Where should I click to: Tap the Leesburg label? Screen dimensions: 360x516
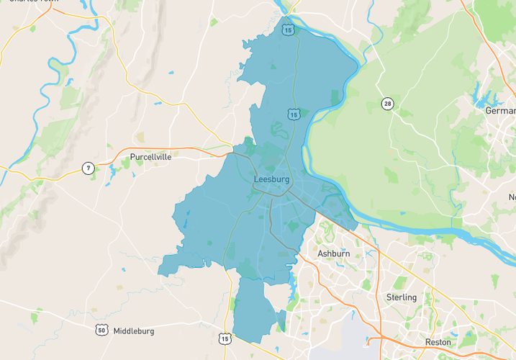(271, 179)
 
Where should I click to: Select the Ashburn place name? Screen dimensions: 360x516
(334, 253)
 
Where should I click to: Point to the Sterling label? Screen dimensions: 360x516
(401, 297)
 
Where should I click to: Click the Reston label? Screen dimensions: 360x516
(438, 342)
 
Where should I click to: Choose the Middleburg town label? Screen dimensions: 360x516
(134, 330)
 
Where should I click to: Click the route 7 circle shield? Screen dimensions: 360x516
(88, 168)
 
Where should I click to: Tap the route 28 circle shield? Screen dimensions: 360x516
(387, 104)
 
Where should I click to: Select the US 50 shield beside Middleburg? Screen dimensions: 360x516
(100, 330)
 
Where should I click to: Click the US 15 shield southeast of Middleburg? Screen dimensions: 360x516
(225, 338)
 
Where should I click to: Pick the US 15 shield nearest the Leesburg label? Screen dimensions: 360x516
(293, 114)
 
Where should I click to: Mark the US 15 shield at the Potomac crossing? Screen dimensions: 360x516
(288, 30)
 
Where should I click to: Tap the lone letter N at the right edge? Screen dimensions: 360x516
(512, 197)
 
